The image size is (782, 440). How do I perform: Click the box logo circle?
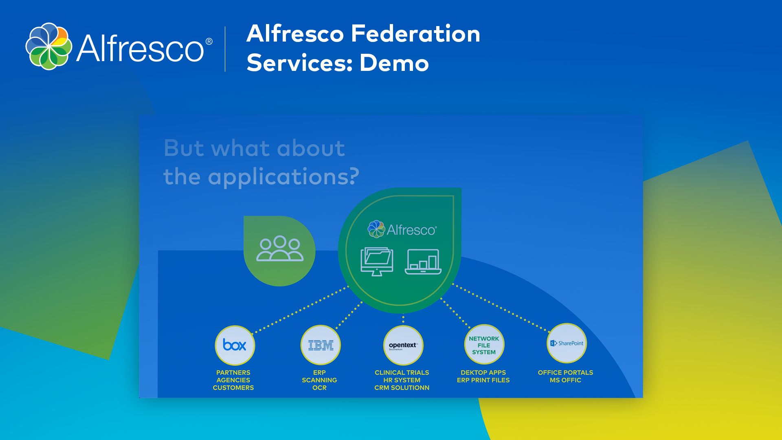235,345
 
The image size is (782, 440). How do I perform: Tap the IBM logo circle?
321,345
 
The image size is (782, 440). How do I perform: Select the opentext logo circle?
403,345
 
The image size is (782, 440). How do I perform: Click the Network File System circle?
484,345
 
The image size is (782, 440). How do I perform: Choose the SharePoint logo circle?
567,343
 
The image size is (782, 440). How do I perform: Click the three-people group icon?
280,248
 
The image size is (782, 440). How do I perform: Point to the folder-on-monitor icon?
377,262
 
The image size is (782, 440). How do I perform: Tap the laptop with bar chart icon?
423,262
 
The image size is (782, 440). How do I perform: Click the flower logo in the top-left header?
49,46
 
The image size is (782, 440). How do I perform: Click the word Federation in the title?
415,33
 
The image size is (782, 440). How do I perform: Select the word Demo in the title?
394,63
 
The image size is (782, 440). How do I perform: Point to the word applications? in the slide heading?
283,177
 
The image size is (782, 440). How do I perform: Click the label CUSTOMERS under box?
233,388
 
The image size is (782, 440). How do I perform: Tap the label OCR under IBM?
319,388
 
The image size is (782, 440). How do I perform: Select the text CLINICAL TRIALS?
402,373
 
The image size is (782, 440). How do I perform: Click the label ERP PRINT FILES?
483,380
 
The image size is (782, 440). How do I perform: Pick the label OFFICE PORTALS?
565,373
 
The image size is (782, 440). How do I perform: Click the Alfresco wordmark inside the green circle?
412,230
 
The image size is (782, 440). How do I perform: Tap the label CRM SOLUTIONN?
402,388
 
